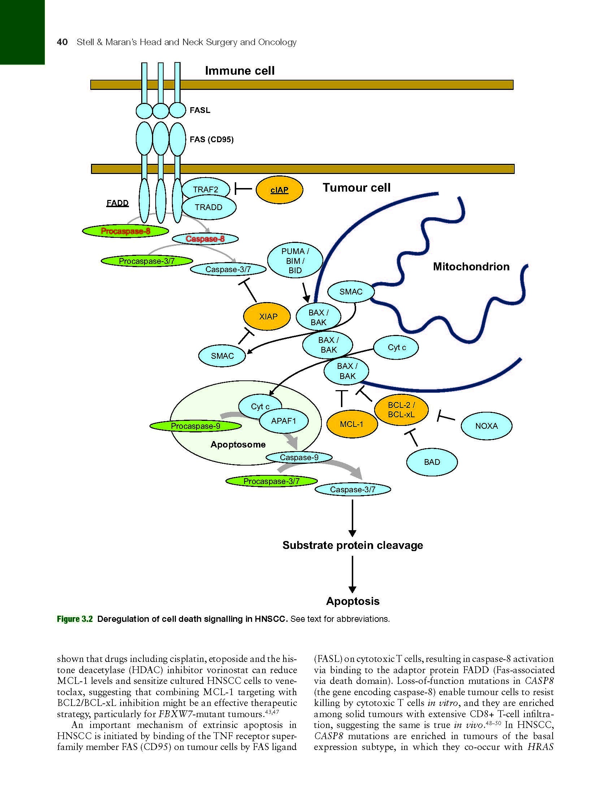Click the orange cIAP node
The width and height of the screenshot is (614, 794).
(279, 190)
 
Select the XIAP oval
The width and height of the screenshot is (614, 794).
(268, 316)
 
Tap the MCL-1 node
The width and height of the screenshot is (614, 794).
(351, 424)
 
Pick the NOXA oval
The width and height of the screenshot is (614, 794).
(487, 426)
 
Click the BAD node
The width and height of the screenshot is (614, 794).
(432, 462)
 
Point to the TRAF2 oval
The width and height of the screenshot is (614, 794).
(206, 189)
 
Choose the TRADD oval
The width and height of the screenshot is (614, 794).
(208, 207)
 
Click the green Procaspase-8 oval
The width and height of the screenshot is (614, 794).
(126, 231)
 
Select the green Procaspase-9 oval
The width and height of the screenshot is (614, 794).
(196, 426)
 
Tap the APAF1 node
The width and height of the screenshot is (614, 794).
(284, 421)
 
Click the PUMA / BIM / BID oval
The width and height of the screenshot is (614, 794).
(295, 261)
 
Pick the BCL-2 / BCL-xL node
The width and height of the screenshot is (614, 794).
(401, 410)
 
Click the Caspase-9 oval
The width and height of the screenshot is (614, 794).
(299, 457)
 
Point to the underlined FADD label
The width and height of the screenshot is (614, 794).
(117, 203)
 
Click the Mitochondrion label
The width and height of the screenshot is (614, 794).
(471, 266)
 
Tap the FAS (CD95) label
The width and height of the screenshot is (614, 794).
(211, 139)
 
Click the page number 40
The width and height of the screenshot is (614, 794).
(62, 42)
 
